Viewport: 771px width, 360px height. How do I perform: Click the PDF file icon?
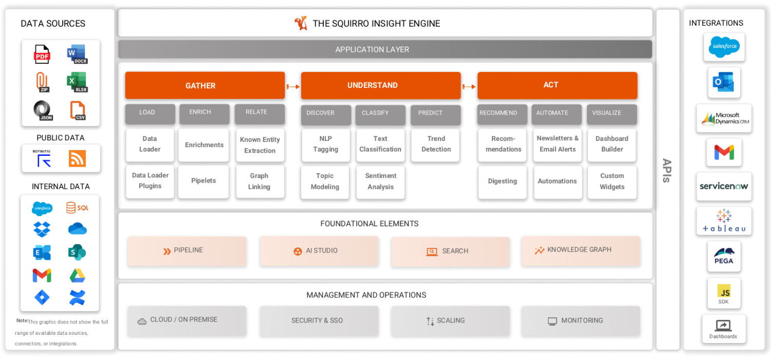[x=42, y=54]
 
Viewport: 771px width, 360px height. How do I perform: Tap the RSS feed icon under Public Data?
[x=77, y=158]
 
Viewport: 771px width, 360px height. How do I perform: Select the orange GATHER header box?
[x=205, y=85]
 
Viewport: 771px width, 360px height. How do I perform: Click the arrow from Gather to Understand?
[x=293, y=86]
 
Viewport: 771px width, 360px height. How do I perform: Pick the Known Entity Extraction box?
[x=260, y=145]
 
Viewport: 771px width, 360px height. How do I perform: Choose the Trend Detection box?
[x=436, y=145]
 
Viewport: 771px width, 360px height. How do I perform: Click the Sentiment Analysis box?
[x=380, y=182]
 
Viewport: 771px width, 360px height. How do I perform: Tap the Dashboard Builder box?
[x=612, y=145]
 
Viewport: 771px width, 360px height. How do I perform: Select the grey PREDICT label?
[x=435, y=114]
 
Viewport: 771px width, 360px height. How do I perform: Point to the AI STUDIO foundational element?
[x=319, y=251]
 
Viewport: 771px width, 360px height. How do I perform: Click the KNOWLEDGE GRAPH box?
[x=581, y=250]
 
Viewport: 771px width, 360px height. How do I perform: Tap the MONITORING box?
[x=581, y=321]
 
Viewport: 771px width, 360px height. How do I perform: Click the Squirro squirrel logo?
[x=301, y=23]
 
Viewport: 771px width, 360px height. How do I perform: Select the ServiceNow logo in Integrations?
[x=724, y=186]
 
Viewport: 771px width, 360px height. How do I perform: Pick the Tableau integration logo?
[x=724, y=221]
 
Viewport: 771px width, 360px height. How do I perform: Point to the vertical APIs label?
[x=667, y=171]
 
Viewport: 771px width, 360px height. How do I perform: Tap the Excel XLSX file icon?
[x=77, y=82]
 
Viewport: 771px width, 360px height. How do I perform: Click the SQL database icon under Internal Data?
[x=77, y=208]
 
